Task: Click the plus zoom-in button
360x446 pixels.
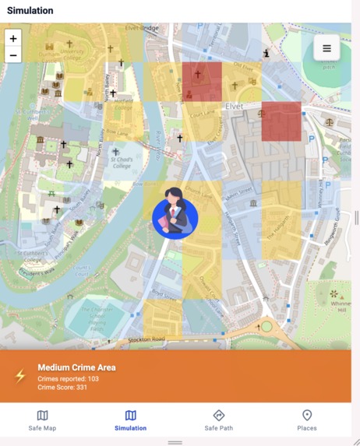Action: point(13,38)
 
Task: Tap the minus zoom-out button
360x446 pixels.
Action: point(13,54)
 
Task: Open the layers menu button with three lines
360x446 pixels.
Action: point(326,48)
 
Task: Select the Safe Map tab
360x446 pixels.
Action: point(42,420)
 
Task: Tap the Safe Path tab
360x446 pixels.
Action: point(218,420)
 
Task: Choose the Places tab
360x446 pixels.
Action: point(307,420)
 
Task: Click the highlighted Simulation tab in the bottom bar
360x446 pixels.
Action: point(130,420)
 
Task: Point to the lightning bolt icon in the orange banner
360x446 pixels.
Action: point(21,376)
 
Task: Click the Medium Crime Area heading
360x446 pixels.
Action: point(76,367)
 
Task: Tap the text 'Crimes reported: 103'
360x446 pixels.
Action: point(69,378)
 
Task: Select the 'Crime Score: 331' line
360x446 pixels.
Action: point(62,387)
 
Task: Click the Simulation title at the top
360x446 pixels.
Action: point(30,11)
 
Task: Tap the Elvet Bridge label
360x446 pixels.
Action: point(143,29)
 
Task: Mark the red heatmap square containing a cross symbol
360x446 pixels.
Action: point(202,82)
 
